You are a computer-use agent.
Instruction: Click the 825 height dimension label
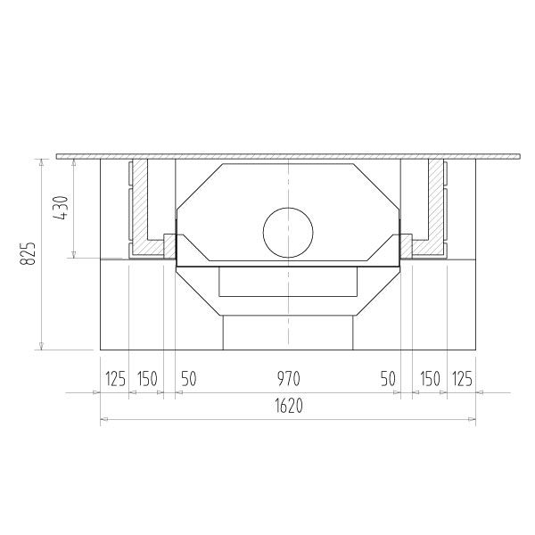[x=28, y=253]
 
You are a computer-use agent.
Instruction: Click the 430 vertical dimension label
[x=61, y=208]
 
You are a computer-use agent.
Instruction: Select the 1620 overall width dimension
[x=289, y=406]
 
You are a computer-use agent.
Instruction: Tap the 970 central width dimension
[x=288, y=379]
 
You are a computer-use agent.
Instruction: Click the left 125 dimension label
[x=115, y=379]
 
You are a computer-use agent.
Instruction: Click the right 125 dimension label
[x=462, y=379]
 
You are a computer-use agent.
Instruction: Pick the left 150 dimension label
[x=147, y=379]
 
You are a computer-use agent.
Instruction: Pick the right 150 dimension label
[x=430, y=379]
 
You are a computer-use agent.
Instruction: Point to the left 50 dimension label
[x=189, y=379]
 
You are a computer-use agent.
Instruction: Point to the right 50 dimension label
[x=388, y=379]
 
